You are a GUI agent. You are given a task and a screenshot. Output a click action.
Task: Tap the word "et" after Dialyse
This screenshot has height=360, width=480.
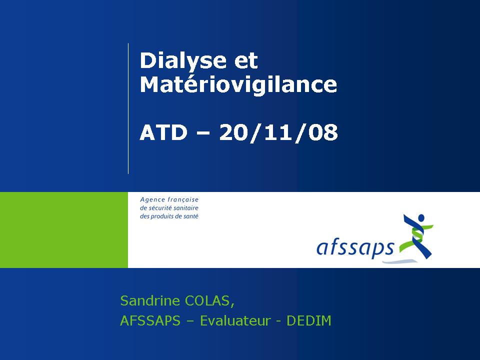coord(246,60)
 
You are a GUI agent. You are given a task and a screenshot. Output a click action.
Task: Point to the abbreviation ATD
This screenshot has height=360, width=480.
coord(163,132)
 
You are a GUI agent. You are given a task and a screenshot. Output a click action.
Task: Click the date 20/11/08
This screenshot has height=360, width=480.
coord(278,133)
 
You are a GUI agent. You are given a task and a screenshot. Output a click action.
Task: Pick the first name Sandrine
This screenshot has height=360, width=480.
coord(150,300)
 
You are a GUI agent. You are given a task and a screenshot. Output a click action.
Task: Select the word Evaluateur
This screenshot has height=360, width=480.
coord(235,321)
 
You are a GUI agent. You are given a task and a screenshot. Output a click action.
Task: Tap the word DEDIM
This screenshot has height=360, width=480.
coord(308,321)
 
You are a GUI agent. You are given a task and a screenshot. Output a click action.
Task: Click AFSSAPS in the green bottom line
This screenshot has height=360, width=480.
coord(150,321)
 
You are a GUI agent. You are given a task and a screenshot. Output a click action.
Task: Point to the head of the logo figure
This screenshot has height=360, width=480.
coord(421,218)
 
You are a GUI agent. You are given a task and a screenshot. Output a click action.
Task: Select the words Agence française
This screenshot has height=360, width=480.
coord(169,200)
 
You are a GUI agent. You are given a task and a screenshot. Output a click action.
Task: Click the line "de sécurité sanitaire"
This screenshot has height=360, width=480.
coord(169,208)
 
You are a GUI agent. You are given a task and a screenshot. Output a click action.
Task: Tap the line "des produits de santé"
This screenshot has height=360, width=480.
coord(169,216)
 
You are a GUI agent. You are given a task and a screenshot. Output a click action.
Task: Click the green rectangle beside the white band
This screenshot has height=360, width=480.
coord(64,230)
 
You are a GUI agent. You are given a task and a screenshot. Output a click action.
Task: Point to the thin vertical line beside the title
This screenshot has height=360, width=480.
coord(128,108)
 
